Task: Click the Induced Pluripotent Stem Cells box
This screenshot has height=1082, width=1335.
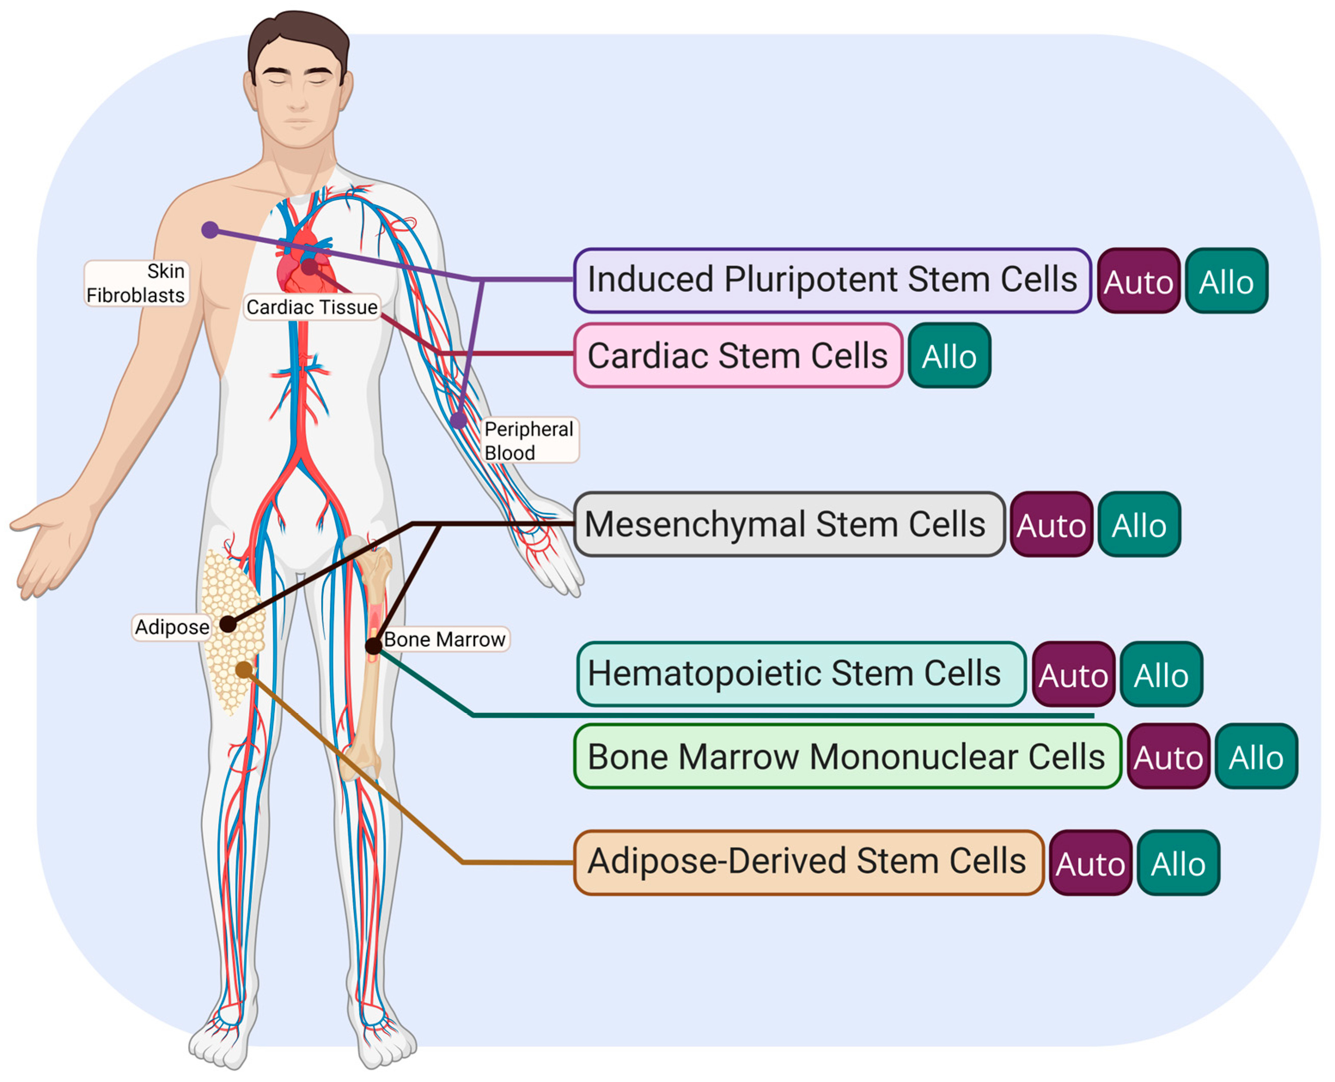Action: [831, 280]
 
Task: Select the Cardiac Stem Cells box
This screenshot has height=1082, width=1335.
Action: [738, 355]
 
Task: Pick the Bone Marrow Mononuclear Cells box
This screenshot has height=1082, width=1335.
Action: [846, 757]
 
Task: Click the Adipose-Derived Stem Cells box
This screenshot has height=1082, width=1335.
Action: [808, 862]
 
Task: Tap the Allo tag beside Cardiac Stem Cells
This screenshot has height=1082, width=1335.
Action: [949, 356]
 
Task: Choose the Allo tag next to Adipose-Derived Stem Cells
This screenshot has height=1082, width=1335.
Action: [1178, 863]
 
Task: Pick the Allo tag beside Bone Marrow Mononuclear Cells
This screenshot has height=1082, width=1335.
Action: [1256, 757]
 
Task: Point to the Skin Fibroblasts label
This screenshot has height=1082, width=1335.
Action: [136, 283]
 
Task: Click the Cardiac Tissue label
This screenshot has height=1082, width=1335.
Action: [312, 306]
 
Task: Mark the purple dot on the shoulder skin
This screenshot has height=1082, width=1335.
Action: [210, 230]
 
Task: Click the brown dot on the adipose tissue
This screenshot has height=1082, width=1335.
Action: [244, 670]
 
